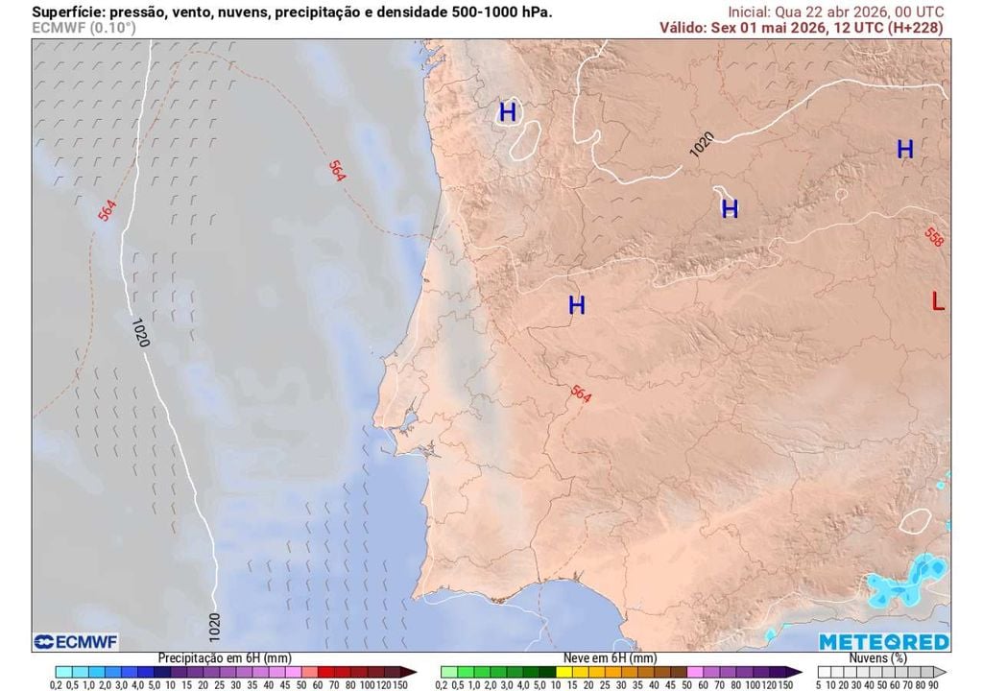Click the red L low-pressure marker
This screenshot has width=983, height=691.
[x=938, y=301]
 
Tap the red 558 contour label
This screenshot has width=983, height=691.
[x=934, y=237]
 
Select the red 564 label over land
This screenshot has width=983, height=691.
[x=581, y=393]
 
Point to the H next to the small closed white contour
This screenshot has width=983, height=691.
[x=508, y=113]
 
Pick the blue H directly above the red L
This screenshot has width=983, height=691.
[x=904, y=150]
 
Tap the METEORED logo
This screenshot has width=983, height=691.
[x=883, y=642]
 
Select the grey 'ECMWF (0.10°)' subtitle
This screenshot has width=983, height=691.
[x=84, y=28]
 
